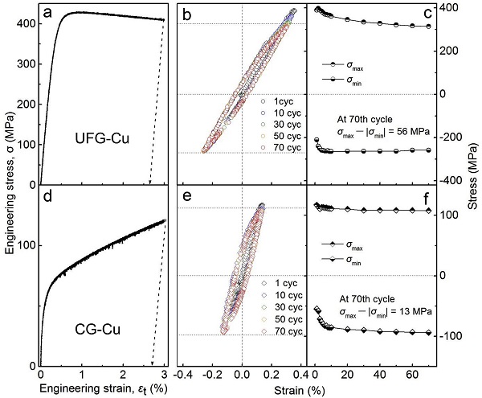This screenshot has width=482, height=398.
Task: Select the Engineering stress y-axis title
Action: pyautogui.click(x=7, y=193)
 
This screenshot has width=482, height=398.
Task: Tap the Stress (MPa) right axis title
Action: pyautogui.click(x=474, y=193)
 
